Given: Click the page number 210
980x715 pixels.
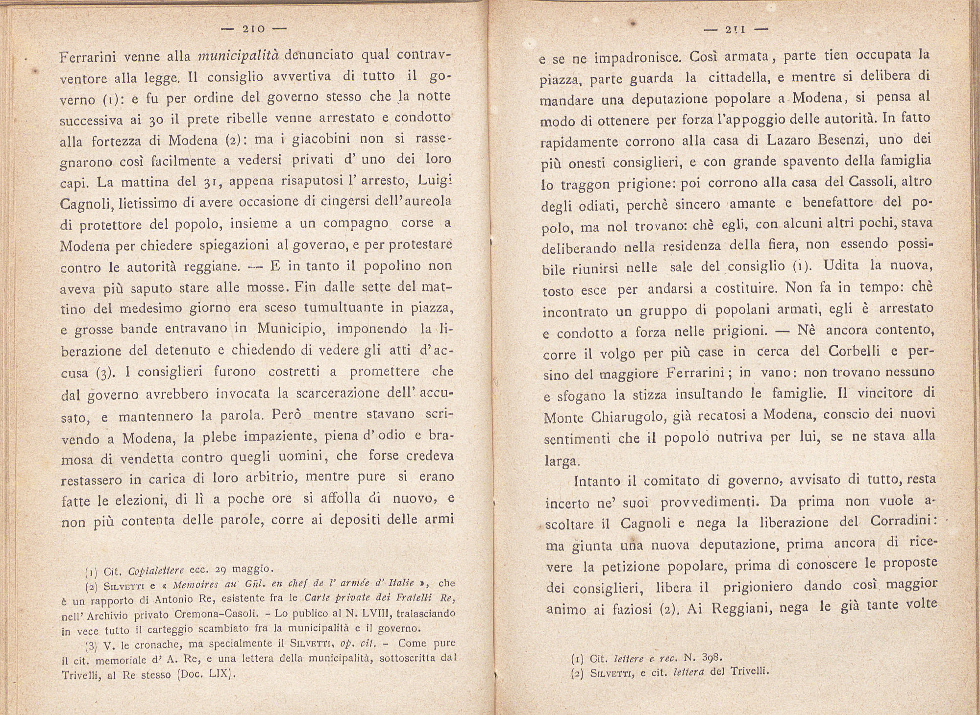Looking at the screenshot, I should (253, 29).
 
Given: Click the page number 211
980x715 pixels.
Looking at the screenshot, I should (735, 29).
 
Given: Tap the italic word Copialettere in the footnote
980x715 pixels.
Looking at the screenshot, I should (156, 570).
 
